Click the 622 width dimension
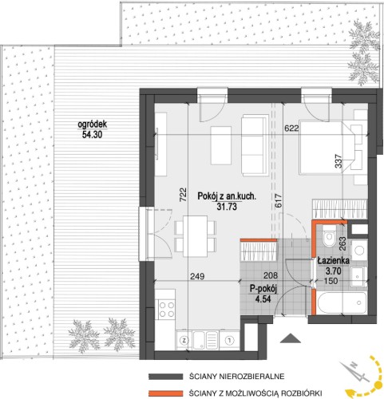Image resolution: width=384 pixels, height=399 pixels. [291, 128]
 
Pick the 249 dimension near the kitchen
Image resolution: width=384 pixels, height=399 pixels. [197, 277]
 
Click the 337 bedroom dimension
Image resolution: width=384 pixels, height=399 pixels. [338, 161]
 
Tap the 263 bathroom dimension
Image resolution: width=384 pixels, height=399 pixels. [342, 243]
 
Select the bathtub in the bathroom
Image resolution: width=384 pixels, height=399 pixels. [342, 303]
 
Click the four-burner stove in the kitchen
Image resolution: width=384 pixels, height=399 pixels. [167, 309]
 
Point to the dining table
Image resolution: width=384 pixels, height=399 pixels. [196, 236]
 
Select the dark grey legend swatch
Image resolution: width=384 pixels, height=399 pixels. [166, 377]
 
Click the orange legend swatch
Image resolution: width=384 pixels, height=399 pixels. [166, 393]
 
